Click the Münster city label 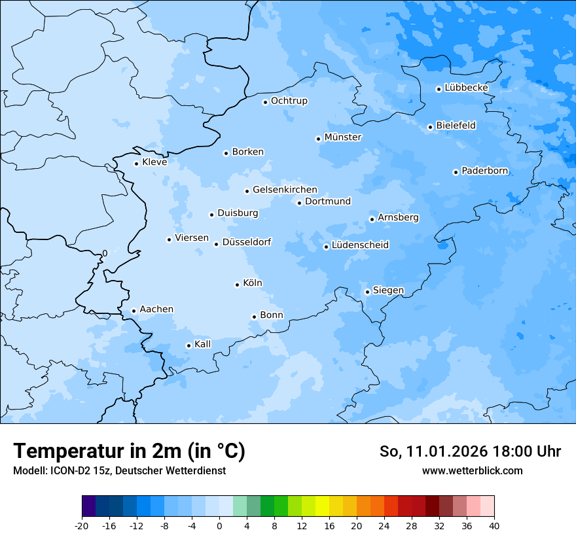(343, 137)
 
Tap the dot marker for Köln (237, 285)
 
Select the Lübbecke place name (466, 88)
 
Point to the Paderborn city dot (456, 172)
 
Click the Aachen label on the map (156, 309)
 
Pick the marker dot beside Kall (189, 345)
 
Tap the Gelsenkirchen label (285, 190)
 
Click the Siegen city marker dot (367, 292)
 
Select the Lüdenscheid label (360, 245)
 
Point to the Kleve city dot (136, 164)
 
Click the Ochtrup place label (289, 101)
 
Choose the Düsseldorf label (247, 243)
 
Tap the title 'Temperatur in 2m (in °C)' (129, 451)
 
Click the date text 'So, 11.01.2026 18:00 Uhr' (470, 451)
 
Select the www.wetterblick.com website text (472, 470)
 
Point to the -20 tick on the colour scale (82, 526)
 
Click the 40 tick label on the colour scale (494, 526)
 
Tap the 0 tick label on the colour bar (219, 526)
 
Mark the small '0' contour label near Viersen (105, 253)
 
